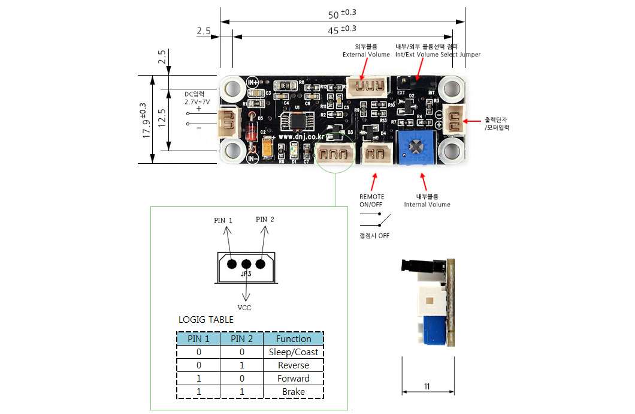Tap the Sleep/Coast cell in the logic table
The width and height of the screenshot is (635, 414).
tap(294, 352)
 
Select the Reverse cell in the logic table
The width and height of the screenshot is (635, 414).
tap(294, 365)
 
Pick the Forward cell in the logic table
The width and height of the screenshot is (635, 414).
tap(294, 379)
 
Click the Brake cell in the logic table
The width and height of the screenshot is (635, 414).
tap(294, 392)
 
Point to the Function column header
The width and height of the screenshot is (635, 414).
tap(294, 338)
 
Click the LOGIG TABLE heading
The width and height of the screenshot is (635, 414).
tap(206, 320)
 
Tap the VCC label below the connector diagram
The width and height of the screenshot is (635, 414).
tap(244, 308)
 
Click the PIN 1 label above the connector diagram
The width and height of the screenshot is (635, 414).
tap(223, 220)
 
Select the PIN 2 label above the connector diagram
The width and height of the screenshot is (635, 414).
tap(265, 220)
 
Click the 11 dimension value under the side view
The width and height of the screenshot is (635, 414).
tap(427, 387)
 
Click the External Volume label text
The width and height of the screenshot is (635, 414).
tap(366, 55)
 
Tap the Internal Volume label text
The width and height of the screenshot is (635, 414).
tap(427, 205)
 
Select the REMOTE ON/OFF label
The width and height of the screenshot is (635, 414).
tap(371, 200)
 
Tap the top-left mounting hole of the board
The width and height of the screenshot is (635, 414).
tap(232, 88)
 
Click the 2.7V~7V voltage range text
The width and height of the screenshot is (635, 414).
tap(196, 102)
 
